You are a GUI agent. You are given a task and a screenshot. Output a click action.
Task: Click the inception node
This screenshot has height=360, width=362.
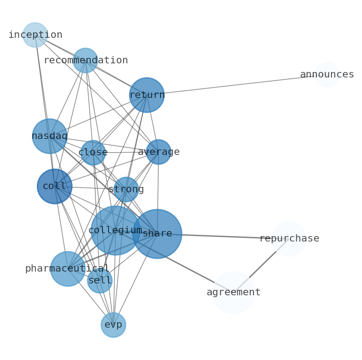click(x=35, y=35)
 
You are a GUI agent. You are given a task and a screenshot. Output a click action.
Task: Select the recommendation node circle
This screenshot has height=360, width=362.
click(x=85, y=60)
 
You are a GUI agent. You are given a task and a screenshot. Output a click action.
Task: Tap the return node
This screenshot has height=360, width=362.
click(x=146, y=95)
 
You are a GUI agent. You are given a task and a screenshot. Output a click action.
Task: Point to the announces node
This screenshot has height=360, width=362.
click(x=327, y=74)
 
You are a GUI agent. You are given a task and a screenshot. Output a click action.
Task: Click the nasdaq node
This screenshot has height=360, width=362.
click(x=50, y=136)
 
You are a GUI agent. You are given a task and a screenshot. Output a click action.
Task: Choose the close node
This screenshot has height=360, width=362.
click(x=93, y=152)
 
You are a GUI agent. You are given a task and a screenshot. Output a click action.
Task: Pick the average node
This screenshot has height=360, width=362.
click(x=158, y=152)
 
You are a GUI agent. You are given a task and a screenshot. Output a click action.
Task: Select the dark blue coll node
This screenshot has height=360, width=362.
click(x=55, y=186)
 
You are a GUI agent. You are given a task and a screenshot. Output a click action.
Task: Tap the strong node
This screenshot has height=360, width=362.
click(x=126, y=189)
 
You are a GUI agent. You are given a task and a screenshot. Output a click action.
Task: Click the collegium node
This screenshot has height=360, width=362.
click(x=115, y=230)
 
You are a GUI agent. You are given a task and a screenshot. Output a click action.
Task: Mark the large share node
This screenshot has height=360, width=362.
click(x=157, y=234)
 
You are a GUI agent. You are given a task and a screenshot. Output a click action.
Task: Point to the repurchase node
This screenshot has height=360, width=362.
click(x=289, y=238)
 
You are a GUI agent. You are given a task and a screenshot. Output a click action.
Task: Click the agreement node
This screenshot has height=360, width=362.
click(x=233, y=292)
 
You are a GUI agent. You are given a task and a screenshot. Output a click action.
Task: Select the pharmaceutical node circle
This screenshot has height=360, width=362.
click(x=67, y=268)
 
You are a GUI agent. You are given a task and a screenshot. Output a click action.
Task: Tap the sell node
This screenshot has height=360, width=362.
click(x=100, y=281)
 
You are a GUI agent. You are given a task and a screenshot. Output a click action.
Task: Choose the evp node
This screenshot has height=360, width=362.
click(x=113, y=324)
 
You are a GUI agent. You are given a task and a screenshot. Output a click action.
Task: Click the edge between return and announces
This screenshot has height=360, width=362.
click(x=237, y=84)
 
